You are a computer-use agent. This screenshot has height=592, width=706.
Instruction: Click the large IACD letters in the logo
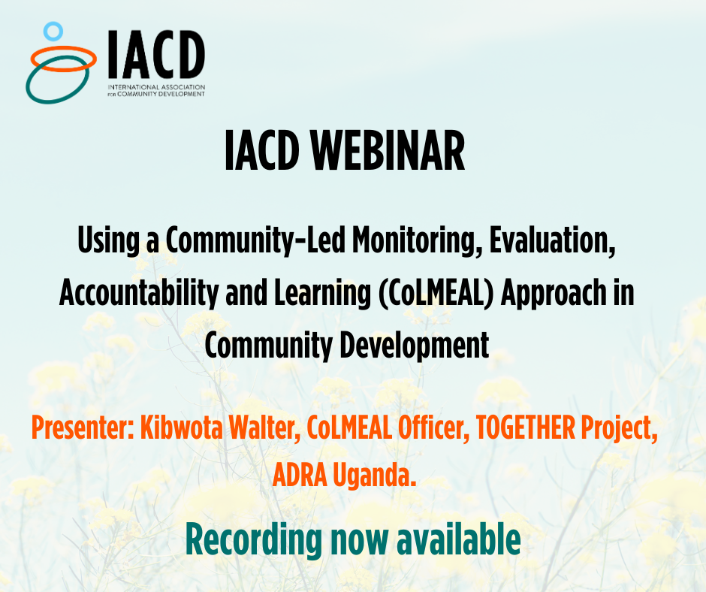[x=156, y=54]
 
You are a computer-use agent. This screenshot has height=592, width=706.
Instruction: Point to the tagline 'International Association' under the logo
[x=156, y=87]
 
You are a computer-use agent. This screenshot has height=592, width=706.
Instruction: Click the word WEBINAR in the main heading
[x=388, y=150]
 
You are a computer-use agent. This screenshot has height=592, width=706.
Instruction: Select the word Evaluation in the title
[x=553, y=240]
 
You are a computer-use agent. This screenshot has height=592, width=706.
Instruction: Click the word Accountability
[x=139, y=293]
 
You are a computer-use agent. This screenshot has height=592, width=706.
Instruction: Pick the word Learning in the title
[x=322, y=294]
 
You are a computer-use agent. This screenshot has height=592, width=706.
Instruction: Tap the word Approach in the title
[x=554, y=294]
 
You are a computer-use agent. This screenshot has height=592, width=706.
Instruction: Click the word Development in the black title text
[x=415, y=346]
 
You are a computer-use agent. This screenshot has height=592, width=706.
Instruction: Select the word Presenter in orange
[x=83, y=427]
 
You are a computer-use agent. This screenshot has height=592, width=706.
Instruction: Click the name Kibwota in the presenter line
[x=182, y=427]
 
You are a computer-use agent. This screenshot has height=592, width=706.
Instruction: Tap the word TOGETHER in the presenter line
[x=526, y=427]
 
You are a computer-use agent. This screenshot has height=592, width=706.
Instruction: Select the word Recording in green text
[x=254, y=540]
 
